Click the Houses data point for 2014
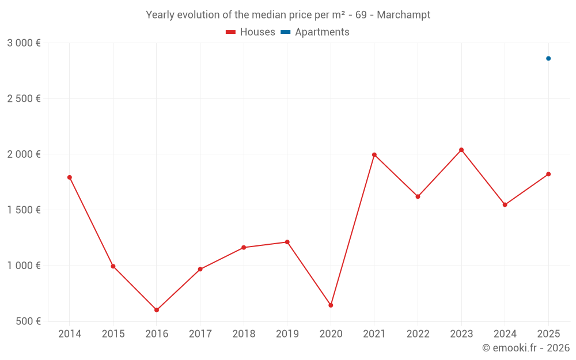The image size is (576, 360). [x=70, y=177]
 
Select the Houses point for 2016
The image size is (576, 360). [x=157, y=310]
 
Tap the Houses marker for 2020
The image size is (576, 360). [x=331, y=305]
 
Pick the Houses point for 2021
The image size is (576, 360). [x=374, y=155]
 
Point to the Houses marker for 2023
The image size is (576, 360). [x=461, y=150]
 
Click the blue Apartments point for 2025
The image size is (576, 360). [x=548, y=58]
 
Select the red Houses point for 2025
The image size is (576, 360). [x=548, y=174]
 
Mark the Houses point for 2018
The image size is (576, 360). [x=244, y=248]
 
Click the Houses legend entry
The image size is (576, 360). [x=251, y=32]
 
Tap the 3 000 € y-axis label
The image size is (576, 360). [x=24, y=43]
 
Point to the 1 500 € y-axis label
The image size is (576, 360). [x=24, y=210]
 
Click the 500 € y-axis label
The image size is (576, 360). [x=28, y=321]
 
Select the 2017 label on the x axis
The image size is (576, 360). [x=200, y=334]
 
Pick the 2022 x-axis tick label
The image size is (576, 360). [x=418, y=334]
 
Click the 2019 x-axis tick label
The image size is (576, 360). [x=287, y=334]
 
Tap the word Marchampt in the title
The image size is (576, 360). [x=404, y=15]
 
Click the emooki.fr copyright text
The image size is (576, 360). [x=526, y=348]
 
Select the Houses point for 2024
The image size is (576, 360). [x=505, y=204]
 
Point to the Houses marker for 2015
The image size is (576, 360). [x=113, y=266]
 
